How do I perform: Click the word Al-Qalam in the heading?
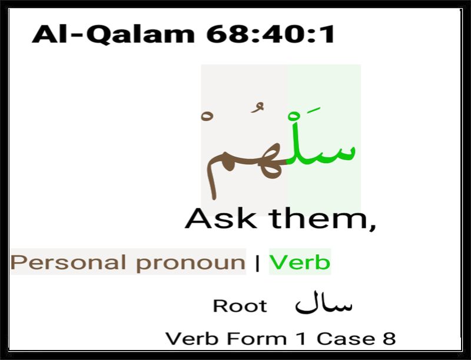pyautogui.click(x=113, y=34)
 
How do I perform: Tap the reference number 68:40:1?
pyautogui.click(x=271, y=34)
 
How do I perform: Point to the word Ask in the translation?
pyautogui.click(x=221, y=219)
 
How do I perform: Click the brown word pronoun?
pyautogui.click(x=190, y=263)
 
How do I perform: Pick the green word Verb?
pyautogui.click(x=300, y=262)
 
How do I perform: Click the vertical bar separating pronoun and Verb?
pyautogui.click(x=257, y=263)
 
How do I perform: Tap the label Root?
pyautogui.click(x=240, y=306)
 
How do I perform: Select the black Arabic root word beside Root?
pyautogui.click(x=323, y=303)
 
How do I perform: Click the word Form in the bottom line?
pyautogui.click(x=257, y=339)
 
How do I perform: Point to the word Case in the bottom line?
pyautogui.click(x=346, y=339)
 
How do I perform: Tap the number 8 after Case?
pyautogui.click(x=389, y=339)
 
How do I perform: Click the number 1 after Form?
pyautogui.click(x=301, y=339)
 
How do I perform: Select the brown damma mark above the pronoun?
pyautogui.click(x=258, y=108)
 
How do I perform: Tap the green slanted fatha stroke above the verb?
pyautogui.click(x=313, y=111)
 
